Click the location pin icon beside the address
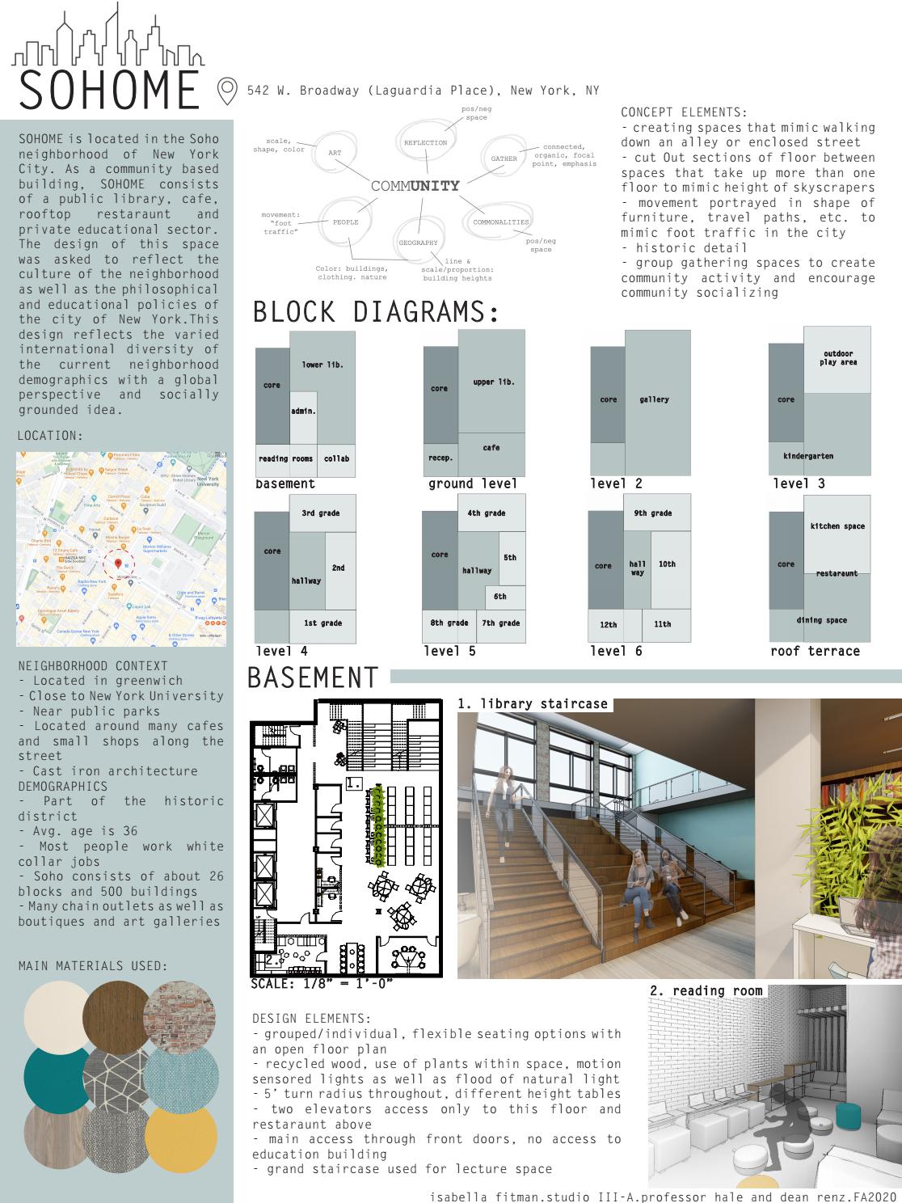[x=227, y=91]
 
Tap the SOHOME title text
[x=108, y=91]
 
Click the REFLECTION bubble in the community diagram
[x=425, y=143]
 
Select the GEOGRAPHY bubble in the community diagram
[x=418, y=243]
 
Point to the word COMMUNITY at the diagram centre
[x=415, y=186]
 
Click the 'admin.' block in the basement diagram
[x=303, y=412]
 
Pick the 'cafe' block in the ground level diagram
[x=491, y=448]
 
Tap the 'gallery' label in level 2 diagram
[x=654, y=399]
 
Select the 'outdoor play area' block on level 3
[x=838, y=358]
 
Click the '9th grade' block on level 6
[x=651, y=513]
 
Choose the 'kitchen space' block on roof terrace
[x=837, y=526]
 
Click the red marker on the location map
[x=118, y=564]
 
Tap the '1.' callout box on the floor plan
[x=353, y=783]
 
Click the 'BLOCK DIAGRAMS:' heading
[x=377, y=312]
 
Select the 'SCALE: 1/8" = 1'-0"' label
[x=322, y=984]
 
